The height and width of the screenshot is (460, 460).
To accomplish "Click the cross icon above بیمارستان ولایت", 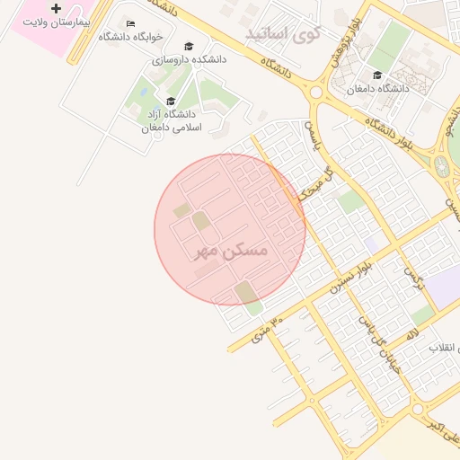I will tap(57, 8).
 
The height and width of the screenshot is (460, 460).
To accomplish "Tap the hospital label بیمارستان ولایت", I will tap(56, 21).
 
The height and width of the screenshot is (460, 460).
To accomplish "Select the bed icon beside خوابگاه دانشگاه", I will tap(131, 23).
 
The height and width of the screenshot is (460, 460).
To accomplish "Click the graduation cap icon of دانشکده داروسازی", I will tap(188, 46).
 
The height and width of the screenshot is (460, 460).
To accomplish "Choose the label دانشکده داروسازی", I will tap(189, 58).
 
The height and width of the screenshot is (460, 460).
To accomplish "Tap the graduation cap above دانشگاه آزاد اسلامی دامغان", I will tap(170, 101).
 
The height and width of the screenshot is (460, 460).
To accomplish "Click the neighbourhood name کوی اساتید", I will tap(283, 35).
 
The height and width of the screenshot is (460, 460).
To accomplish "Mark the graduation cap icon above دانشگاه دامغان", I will tap(377, 75).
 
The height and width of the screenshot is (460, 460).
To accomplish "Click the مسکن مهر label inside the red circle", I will tap(231, 251).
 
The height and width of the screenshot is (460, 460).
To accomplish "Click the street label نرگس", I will tap(413, 276).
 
